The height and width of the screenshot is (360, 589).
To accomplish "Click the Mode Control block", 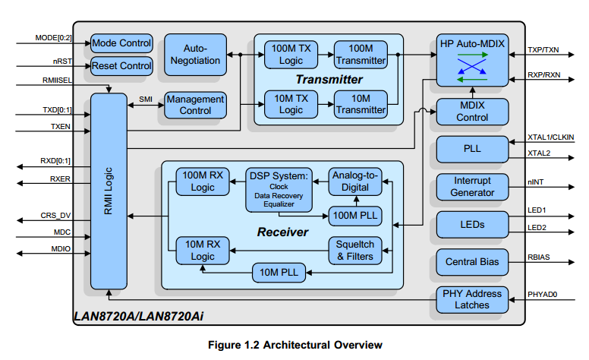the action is tap(121, 43).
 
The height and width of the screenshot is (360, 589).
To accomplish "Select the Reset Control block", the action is tap(121, 66).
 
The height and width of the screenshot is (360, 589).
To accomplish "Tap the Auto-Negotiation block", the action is tap(195, 55).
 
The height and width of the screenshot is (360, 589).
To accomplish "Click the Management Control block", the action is tap(195, 106).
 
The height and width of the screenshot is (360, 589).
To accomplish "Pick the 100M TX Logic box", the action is tap(291, 55).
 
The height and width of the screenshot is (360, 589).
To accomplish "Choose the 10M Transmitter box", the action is tap(361, 105).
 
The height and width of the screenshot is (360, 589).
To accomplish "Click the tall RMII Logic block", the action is tap(109, 191).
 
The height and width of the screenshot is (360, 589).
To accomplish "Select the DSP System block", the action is tap(279, 190).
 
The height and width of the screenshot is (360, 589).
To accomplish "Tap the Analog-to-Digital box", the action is tap(355, 182).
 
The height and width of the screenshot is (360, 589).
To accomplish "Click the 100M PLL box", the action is tap(355, 216).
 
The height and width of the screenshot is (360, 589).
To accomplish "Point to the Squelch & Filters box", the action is tap(355, 251).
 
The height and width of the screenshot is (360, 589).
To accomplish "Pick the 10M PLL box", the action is tap(279, 273).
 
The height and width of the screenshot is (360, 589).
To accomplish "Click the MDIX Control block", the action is tap(472, 112).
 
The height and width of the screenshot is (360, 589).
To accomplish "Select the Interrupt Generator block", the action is tap(472, 187).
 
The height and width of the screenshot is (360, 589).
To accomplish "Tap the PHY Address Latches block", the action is tap(472, 299).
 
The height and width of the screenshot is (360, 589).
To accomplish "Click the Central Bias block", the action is tap(472, 262).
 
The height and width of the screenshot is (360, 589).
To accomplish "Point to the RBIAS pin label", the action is tap(539, 257).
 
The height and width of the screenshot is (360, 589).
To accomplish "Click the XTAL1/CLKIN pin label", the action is tap(551, 137).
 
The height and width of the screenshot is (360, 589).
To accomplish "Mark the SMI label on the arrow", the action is tap(146, 99).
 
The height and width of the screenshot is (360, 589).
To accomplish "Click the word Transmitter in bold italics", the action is tap(329, 80).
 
